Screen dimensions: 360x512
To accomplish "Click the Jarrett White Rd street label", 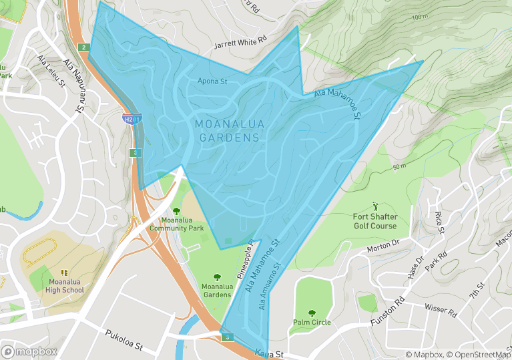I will [240, 43].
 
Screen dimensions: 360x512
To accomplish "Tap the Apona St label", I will [212, 81].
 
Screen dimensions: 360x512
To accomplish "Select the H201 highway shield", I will [132, 119].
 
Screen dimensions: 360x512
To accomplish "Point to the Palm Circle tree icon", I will [312, 313].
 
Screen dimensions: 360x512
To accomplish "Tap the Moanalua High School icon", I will [65, 273].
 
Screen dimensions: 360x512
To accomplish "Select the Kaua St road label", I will [269, 354].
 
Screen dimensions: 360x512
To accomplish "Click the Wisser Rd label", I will [440, 310].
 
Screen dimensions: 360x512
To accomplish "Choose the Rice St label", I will [439, 222].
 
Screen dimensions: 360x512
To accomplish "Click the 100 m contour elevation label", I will [420, 17].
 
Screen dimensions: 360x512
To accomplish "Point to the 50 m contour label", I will [399, 166].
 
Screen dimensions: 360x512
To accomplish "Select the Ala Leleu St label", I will [51, 71].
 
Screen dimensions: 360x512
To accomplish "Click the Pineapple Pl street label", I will [244, 260].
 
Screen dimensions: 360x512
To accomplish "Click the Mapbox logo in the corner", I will [29, 351].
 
